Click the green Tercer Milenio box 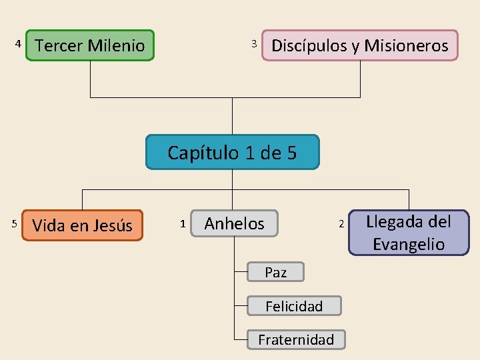(90, 45)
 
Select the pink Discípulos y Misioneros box (360, 45)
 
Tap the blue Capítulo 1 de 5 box (232, 153)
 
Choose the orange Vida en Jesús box (82, 225)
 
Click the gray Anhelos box (234, 224)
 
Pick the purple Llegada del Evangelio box (409, 233)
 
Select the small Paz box (275, 272)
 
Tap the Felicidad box (294, 306)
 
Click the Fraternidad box (296, 340)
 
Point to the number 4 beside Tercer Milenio (18, 44)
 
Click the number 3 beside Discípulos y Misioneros (253, 44)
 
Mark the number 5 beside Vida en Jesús (15, 223)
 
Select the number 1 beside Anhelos (183, 223)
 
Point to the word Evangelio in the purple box (409, 244)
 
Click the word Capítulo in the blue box (203, 153)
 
